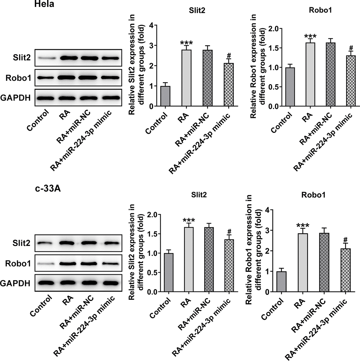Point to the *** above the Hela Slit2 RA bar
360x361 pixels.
[x=186, y=43]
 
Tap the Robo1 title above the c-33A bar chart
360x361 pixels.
[x=313, y=195]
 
